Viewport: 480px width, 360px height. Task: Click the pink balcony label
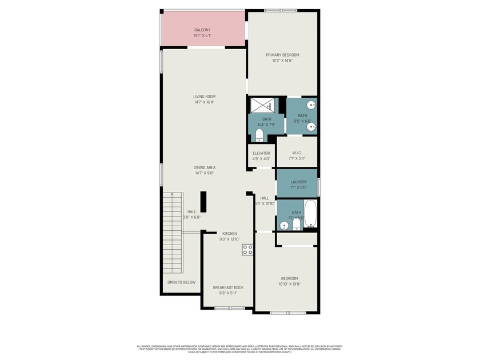(x=202, y=30)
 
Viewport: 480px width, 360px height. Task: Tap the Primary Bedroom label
(x=282, y=55)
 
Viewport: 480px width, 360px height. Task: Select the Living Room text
(x=204, y=97)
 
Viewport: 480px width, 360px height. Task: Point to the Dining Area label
(x=204, y=167)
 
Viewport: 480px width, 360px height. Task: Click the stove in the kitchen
(x=248, y=249)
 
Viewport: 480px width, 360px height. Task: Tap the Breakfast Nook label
(x=228, y=287)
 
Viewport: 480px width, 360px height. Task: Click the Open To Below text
(x=181, y=282)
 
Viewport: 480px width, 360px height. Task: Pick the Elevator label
(x=261, y=153)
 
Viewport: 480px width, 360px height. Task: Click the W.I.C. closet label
(x=297, y=153)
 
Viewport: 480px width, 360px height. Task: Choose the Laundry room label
(x=298, y=182)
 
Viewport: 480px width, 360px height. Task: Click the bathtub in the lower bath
(x=311, y=213)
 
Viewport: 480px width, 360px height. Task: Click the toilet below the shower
(x=259, y=135)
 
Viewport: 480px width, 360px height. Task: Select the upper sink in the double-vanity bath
(x=312, y=105)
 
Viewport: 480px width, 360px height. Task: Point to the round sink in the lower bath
(x=284, y=226)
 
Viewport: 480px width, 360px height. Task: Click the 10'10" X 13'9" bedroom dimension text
(x=289, y=284)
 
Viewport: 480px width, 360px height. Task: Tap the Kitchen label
(x=230, y=234)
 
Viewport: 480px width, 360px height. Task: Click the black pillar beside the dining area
(x=203, y=202)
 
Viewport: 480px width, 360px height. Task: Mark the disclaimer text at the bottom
(x=239, y=349)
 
